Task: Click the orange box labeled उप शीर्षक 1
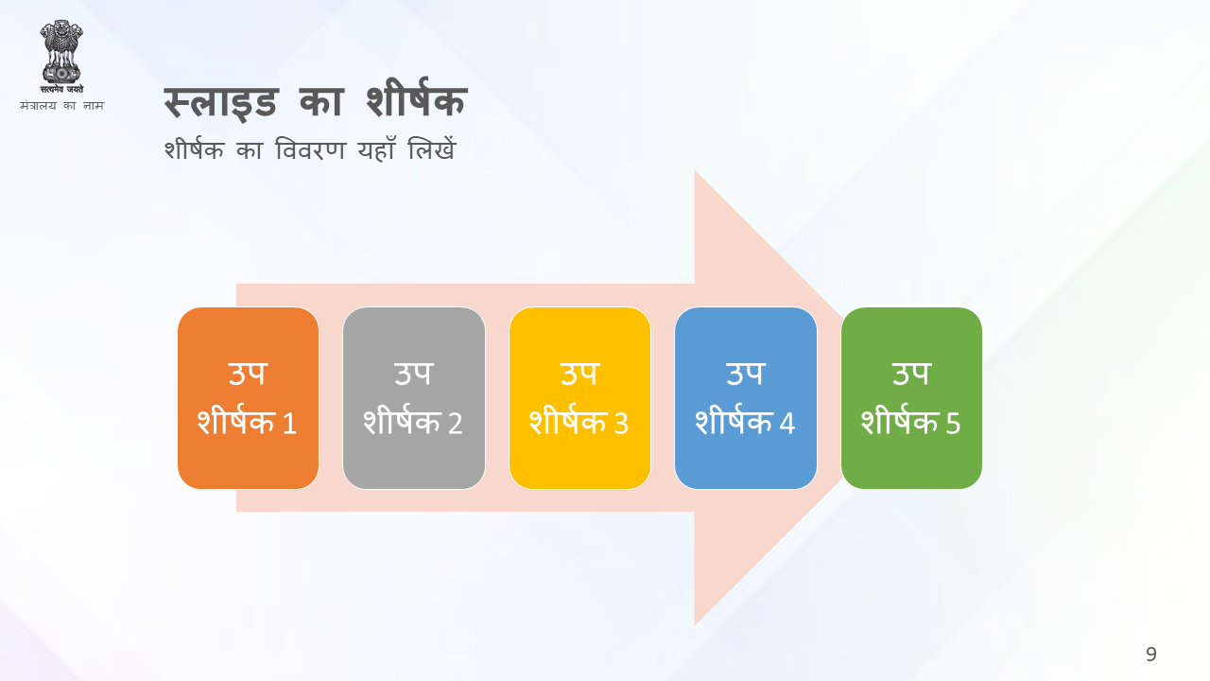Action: [x=248, y=398]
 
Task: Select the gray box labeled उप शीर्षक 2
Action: [x=414, y=398]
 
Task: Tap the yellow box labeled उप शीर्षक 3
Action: [x=579, y=398]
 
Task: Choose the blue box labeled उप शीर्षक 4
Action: [x=746, y=398]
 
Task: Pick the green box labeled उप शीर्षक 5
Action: [x=911, y=398]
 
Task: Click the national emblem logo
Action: [x=61, y=57]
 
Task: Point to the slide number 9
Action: [x=1151, y=654]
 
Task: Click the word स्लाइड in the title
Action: [x=221, y=101]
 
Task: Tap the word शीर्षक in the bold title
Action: [x=416, y=98]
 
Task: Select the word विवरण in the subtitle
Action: [x=310, y=149]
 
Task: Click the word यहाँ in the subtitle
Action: [x=376, y=149]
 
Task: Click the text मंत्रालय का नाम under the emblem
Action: [x=61, y=105]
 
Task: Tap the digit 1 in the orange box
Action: [x=290, y=423]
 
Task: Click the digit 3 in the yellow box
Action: [x=621, y=423]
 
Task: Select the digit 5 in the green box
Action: [x=953, y=423]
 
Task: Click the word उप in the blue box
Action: [x=746, y=374]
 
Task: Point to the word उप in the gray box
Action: [x=414, y=374]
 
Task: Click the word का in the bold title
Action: [x=321, y=101]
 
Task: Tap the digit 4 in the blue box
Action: [x=787, y=423]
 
